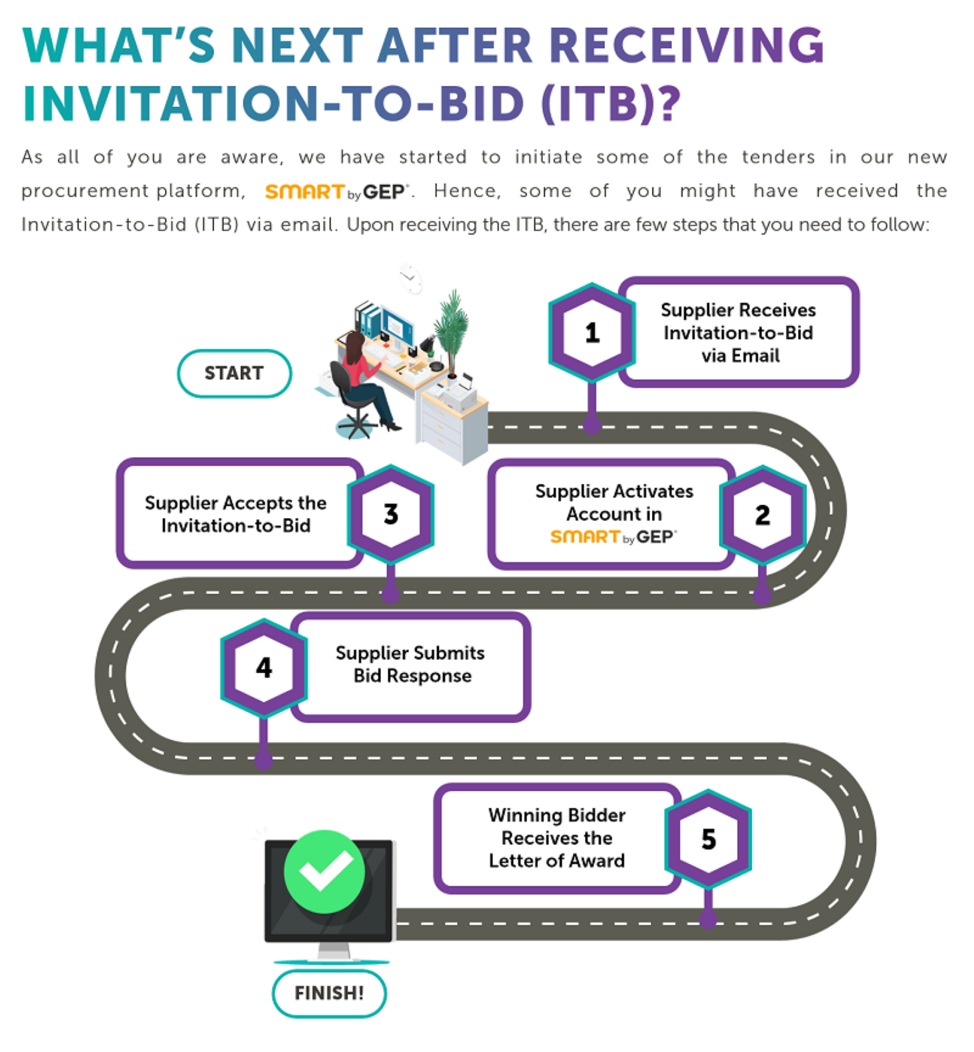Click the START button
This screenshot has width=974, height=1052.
coord(234,373)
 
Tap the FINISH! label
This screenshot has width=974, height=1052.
coord(329,993)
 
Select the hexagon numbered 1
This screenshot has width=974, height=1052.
coord(592,333)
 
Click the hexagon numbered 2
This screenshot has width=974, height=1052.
coord(762,515)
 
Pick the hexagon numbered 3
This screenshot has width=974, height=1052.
coord(391,514)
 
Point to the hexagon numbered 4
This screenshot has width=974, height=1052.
coord(264,668)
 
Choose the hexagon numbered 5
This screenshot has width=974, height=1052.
coord(708,838)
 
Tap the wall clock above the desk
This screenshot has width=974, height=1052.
coord(410,278)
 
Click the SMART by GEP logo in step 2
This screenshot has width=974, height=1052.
coord(613,537)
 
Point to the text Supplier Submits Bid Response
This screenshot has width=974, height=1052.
coord(410,664)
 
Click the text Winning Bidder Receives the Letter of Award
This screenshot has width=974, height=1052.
coord(557,838)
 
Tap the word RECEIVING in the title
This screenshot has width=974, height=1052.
coord(687,45)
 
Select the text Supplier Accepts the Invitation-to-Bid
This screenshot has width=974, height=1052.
coord(235,514)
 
